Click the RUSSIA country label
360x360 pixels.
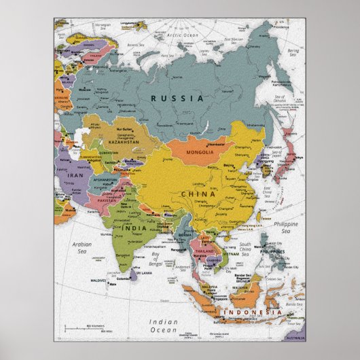click(x=177, y=98)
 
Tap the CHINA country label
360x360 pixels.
click(x=198, y=194)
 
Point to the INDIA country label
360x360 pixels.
click(x=134, y=228)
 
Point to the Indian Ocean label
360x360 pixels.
click(x=165, y=325)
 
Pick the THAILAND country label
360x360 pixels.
click(x=206, y=251)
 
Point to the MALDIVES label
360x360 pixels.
click(x=98, y=280)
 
